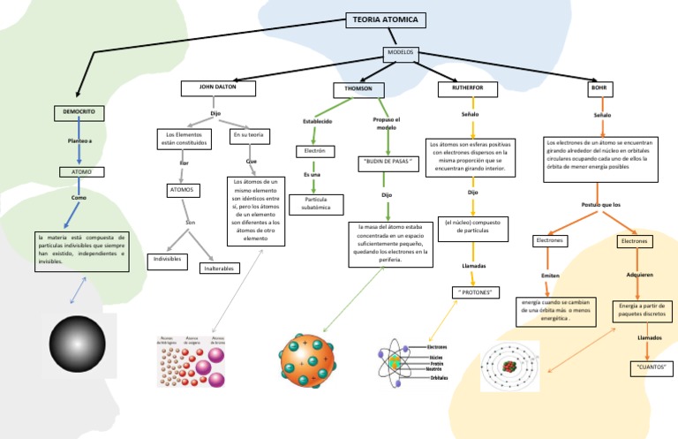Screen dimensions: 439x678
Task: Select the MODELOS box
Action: click(400, 53)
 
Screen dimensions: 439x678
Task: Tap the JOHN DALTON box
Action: click(219, 88)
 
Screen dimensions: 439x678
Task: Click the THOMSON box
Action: click(358, 90)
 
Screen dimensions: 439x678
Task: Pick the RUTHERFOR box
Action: click(468, 89)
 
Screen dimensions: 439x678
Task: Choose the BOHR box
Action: click(600, 89)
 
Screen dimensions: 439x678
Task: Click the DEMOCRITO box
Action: click(79, 113)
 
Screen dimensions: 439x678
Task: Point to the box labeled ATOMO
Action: click(81, 172)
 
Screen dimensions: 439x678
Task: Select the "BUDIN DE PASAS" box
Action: click(385, 163)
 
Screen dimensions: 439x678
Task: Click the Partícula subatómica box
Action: click(316, 204)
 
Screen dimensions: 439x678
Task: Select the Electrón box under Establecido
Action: click(314, 151)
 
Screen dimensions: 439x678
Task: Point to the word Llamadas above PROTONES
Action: click(474, 265)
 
